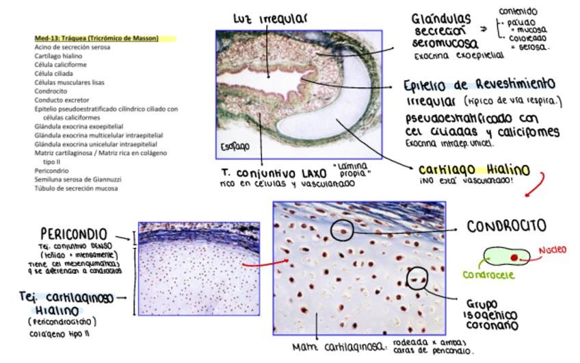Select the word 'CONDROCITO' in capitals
tap(506, 226)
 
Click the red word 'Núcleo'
tap(551, 250)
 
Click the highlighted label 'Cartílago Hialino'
tap(473, 169)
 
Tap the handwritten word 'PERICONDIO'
tap(73, 234)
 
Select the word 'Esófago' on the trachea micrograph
tap(235, 147)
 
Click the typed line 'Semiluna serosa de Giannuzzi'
tap(78, 179)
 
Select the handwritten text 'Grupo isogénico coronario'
tap(491, 314)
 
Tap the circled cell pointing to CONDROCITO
tap(342, 230)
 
